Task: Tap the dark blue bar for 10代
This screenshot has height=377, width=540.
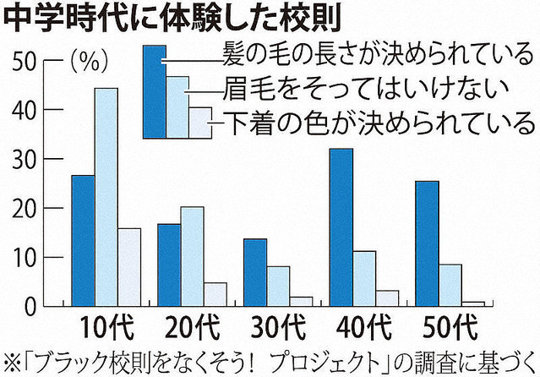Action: tap(83, 240)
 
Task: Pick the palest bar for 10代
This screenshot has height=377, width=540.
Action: tap(129, 266)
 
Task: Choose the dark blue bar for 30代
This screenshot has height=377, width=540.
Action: tap(255, 271)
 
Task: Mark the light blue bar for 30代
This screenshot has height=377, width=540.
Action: tap(278, 285)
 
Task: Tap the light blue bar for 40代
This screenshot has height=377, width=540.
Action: tap(364, 277)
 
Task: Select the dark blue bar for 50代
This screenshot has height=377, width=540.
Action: tap(428, 243)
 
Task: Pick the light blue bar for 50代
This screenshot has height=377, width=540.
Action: tap(450, 284)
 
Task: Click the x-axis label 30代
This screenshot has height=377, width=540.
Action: tap(276, 326)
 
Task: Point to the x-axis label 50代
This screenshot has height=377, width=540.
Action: tap(450, 326)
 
